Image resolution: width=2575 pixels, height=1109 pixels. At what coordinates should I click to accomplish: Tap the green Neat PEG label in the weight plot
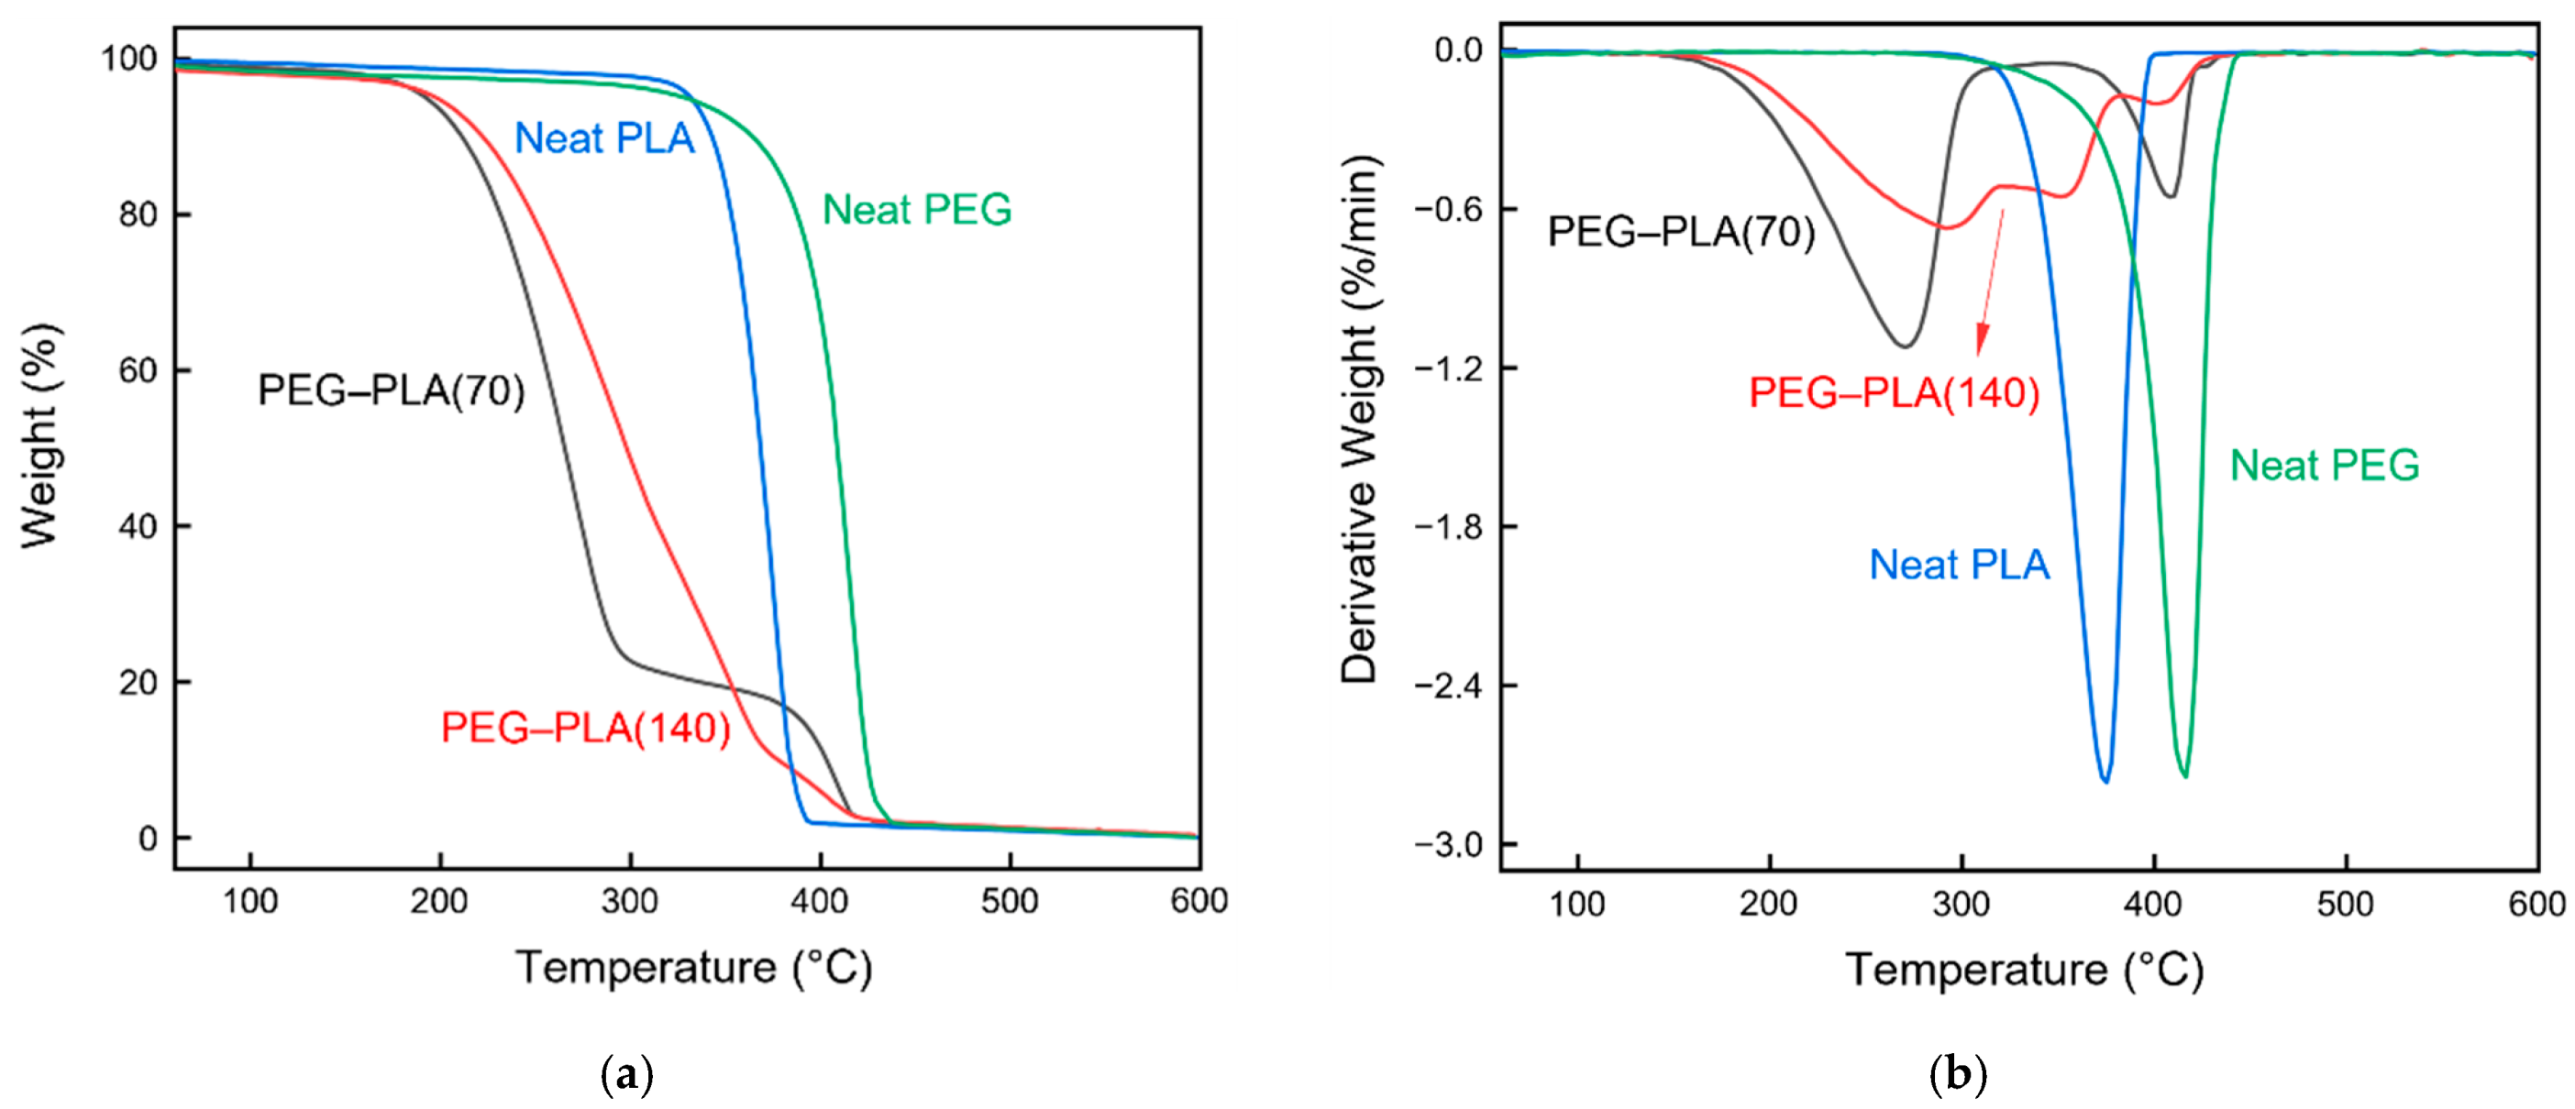[x=917, y=210]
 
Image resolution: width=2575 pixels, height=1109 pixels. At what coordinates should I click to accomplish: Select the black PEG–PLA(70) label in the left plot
[x=391, y=390]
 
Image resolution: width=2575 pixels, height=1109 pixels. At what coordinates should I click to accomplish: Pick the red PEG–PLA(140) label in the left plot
[x=586, y=729]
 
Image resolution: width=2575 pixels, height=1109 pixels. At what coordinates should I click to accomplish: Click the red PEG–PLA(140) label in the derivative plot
[x=1894, y=392]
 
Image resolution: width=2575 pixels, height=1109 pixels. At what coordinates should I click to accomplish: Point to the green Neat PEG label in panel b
[x=2324, y=466]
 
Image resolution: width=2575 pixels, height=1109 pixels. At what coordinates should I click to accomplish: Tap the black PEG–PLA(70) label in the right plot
[x=1680, y=232]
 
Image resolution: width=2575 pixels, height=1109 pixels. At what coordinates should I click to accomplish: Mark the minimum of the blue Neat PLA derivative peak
[x=2106, y=780]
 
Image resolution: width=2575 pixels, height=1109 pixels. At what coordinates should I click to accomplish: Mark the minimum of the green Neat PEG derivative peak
[x=2185, y=775]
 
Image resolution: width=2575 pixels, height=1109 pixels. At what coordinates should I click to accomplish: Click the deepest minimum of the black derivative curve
[x=1906, y=346]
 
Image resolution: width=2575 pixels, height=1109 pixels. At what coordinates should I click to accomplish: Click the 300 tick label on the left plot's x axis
[x=630, y=901]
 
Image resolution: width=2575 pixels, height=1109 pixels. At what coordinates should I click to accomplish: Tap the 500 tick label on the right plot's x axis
[x=2344, y=905]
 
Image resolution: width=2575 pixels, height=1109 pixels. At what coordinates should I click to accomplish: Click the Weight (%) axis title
[x=41, y=435]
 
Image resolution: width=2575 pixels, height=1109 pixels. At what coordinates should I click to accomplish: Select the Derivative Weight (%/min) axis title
[x=1359, y=420]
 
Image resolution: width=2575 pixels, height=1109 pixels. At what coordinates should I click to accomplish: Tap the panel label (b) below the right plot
[x=1956, y=1075]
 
